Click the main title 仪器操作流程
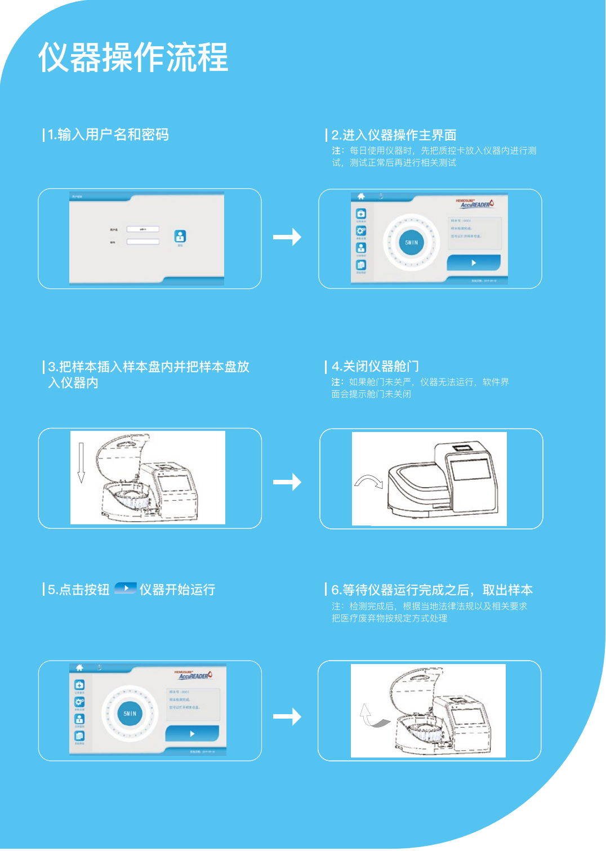pyautogui.click(x=133, y=57)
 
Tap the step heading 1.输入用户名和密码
pyautogui.click(x=108, y=135)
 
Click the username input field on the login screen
pyautogui.click(x=142, y=229)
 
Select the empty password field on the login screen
pyautogui.click(x=142, y=242)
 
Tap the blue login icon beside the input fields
pyautogui.click(x=180, y=237)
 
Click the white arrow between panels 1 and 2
pyautogui.click(x=287, y=237)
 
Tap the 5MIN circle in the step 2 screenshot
pyautogui.click(x=412, y=243)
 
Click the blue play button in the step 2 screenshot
pyautogui.click(x=474, y=262)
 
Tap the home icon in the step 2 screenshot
pyautogui.click(x=361, y=197)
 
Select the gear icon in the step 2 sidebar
pyautogui.click(x=360, y=230)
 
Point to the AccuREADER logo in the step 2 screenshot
pyautogui.click(x=475, y=203)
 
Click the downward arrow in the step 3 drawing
pyautogui.click(x=81, y=462)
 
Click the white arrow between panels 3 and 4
pyautogui.click(x=287, y=482)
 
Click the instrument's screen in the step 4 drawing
pyautogui.click(x=470, y=469)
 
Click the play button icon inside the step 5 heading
pyautogui.click(x=126, y=589)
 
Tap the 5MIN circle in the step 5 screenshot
pyautogui.click(x=130, y=714)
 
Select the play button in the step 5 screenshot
pyautogui.click(x=192, y=733)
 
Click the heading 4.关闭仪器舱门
pyautogui.click(x=375, y=367)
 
